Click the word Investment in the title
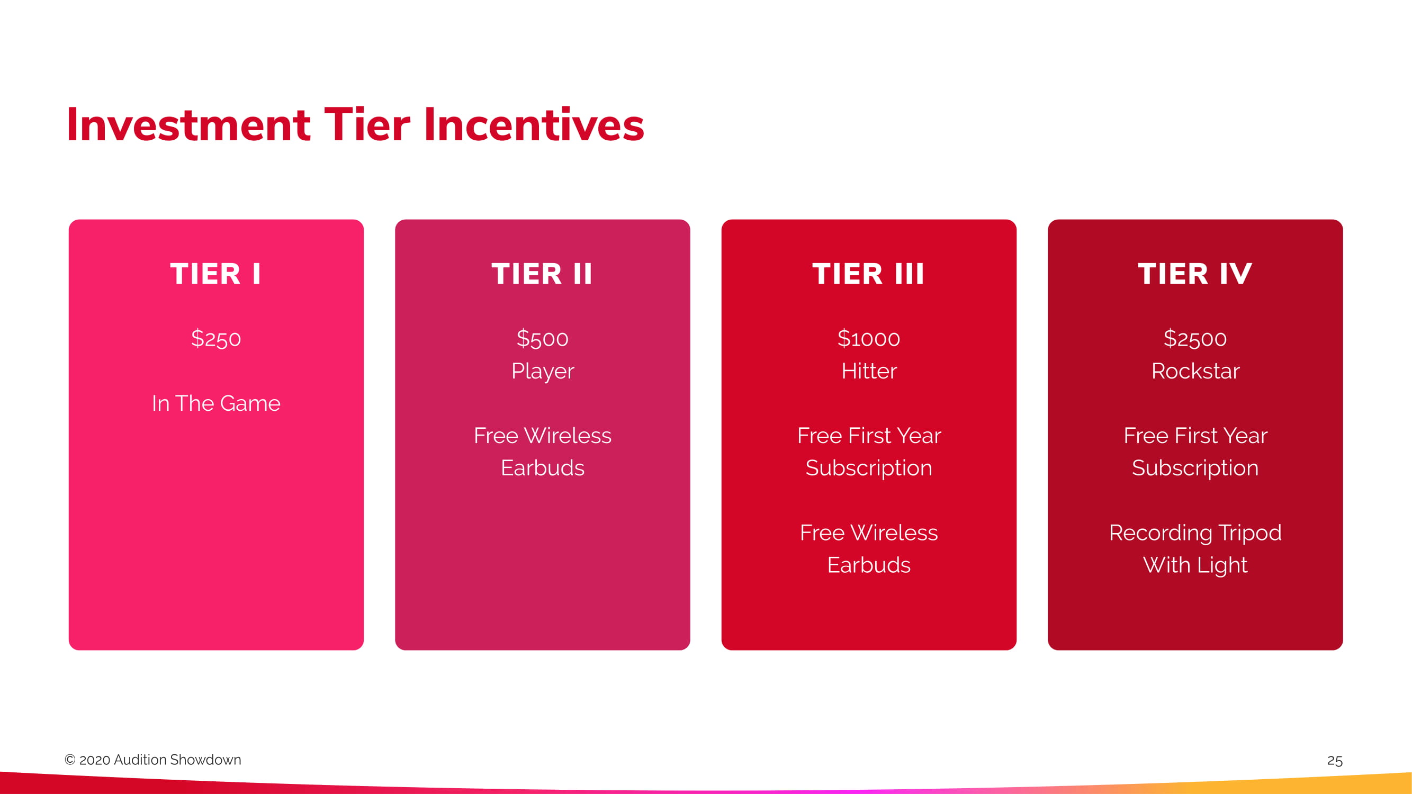(x=188, y=125)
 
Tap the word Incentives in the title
(x=534, y=125)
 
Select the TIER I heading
(x=215, y=274)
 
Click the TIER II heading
(x=542, y=274)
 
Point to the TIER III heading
(x=868, y=274)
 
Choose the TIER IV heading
(x=1195, y=274)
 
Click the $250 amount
(x=216, y=339)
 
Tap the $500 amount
(x=542, y=339)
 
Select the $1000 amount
(x=869, y=339)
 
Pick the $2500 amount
(x=1195, y=339)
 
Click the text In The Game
(x=216, y=403)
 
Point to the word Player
(x=543, y=372)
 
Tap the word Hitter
(x=869, y=371)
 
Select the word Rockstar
(x=1195, y=371)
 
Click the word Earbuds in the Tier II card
(x=543, y=468)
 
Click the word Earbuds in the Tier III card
(x=869, y=565)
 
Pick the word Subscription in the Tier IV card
(x=1195, y=468)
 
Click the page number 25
(x=1335, y=761)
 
